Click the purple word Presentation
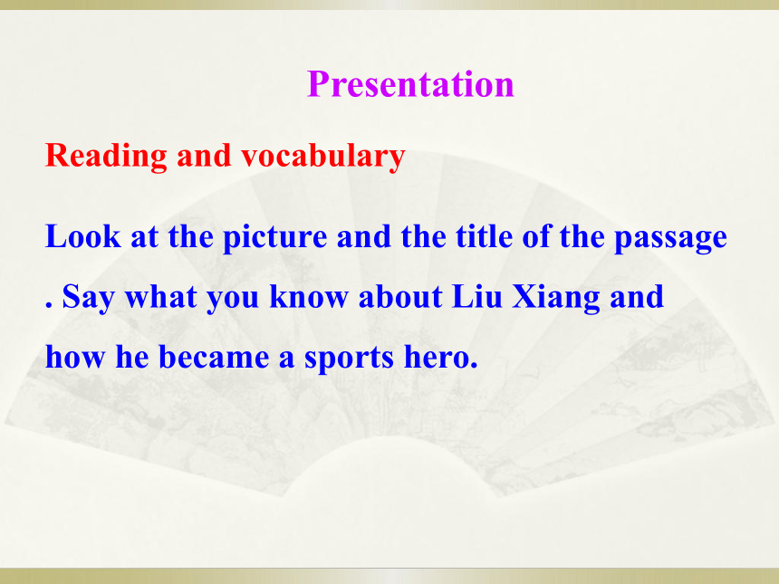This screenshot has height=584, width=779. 410,84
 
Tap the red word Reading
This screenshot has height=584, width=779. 106,157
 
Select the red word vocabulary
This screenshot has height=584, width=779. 323,157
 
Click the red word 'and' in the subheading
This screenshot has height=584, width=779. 204,156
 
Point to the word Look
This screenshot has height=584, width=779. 83,236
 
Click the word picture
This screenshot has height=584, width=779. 274,238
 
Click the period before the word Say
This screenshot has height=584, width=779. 49,304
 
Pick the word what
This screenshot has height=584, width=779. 160,297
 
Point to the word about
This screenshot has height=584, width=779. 400,297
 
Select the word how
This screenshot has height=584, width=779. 75,357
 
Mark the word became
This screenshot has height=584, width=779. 214,357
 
